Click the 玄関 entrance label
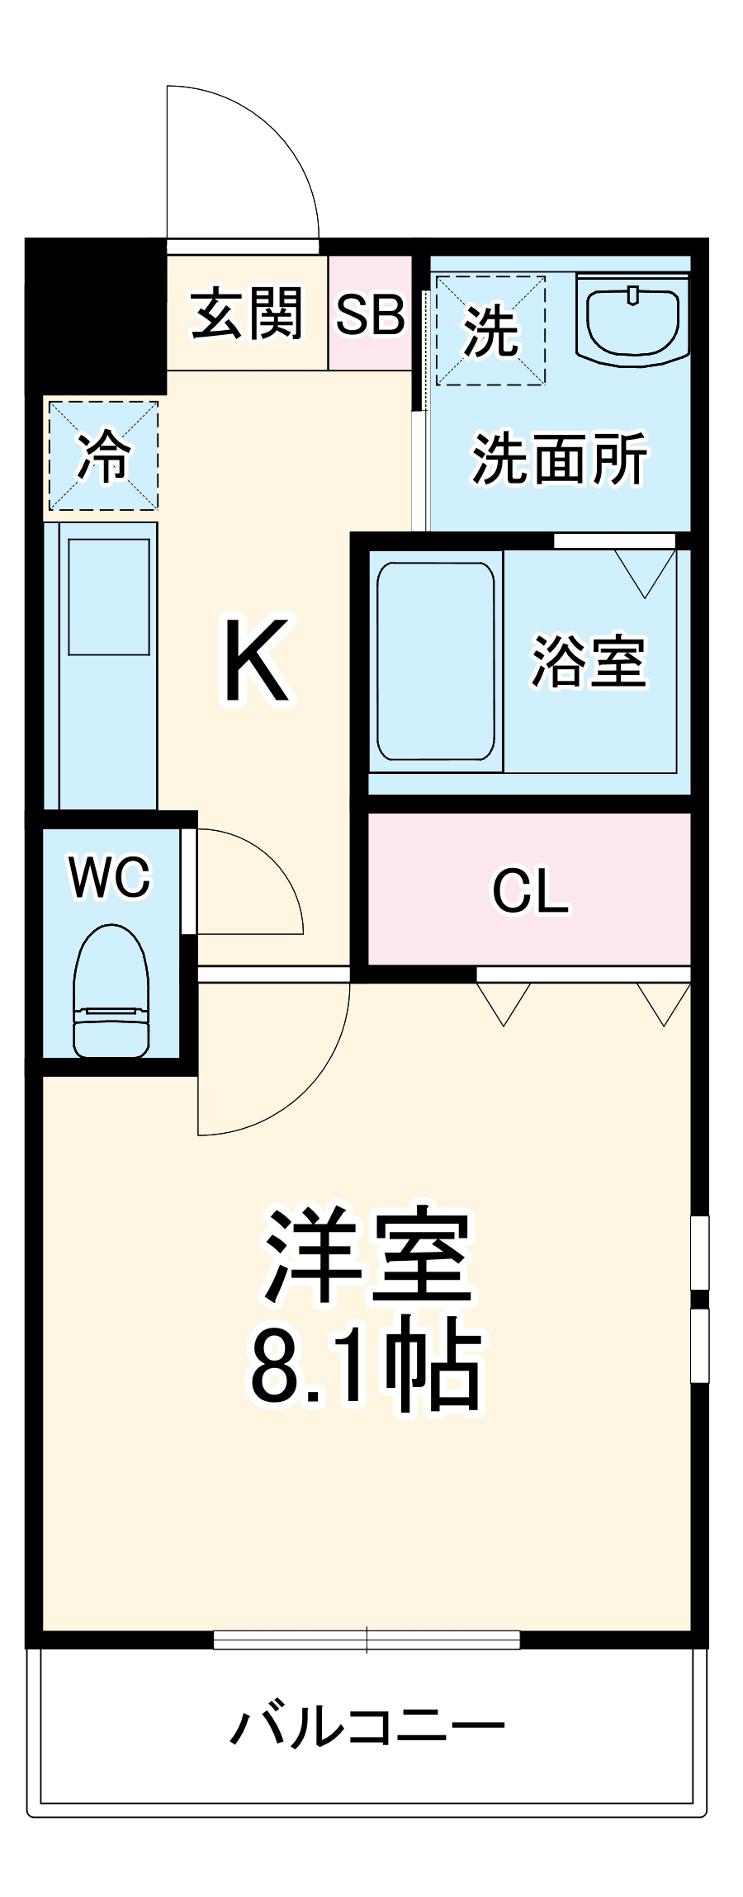(247, 314)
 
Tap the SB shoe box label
(370, 314)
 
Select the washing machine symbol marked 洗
(490, 330)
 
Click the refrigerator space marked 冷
(103, 455)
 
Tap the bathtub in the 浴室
(435, 660)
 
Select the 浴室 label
(588, 661)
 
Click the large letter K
(256, 661)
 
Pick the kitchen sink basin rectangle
(109, 597)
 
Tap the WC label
(111, 876)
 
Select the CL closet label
(530, 891)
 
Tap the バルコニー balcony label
(367, 1726)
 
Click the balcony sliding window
(367, 1640)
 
